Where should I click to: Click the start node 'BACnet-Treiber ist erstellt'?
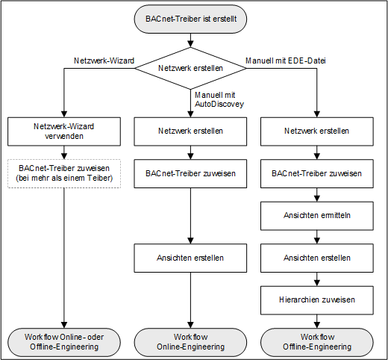point(191,19)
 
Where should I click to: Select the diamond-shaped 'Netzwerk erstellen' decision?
point(191,69)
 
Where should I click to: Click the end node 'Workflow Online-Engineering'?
point(191,341)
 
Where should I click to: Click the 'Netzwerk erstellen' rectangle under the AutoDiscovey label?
point(191,131)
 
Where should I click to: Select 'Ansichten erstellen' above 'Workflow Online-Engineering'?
point(191,258)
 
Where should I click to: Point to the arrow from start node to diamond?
point(191,40)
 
